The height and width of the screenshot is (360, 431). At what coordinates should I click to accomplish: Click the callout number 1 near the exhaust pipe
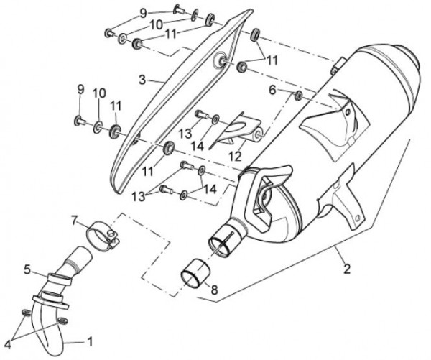pyautogui.click(x=90, y=342)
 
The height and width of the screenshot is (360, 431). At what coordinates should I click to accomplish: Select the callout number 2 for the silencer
pyautogui.click(x=347, y=269)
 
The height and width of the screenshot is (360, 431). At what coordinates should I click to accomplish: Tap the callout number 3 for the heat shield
pyautogui.click(x=142, y=80)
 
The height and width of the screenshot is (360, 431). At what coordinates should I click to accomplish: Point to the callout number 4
pyautogui.click(x=7, y=345)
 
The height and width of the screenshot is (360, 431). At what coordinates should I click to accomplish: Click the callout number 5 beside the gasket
pyautogui.click(x=27, y=269)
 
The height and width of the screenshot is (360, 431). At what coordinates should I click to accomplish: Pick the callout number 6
pyautogui.click(x=272, y=90)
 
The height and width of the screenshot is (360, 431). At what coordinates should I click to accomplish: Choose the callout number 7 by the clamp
pyautogui.click(x=74, y=220)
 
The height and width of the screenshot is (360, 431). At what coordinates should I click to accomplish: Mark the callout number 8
pyautogui.click(x=214, y=289)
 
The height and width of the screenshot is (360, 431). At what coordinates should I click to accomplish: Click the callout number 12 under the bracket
pyautogui.click(x=234, y=156)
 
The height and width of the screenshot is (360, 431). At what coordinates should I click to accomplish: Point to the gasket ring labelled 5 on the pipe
pyautogui.click(x=60, y=279)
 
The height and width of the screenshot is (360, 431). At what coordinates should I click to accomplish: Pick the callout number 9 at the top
pyautogui.click(x=143, y=13)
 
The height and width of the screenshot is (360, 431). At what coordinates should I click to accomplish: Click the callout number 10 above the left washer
pyautogui.click(x=99, y=93)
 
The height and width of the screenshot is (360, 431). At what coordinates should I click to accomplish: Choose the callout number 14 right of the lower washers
pyautogui.click(x=210, y=190)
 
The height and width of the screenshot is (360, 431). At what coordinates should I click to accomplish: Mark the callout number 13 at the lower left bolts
pyautogui.click(x=138, y=196)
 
